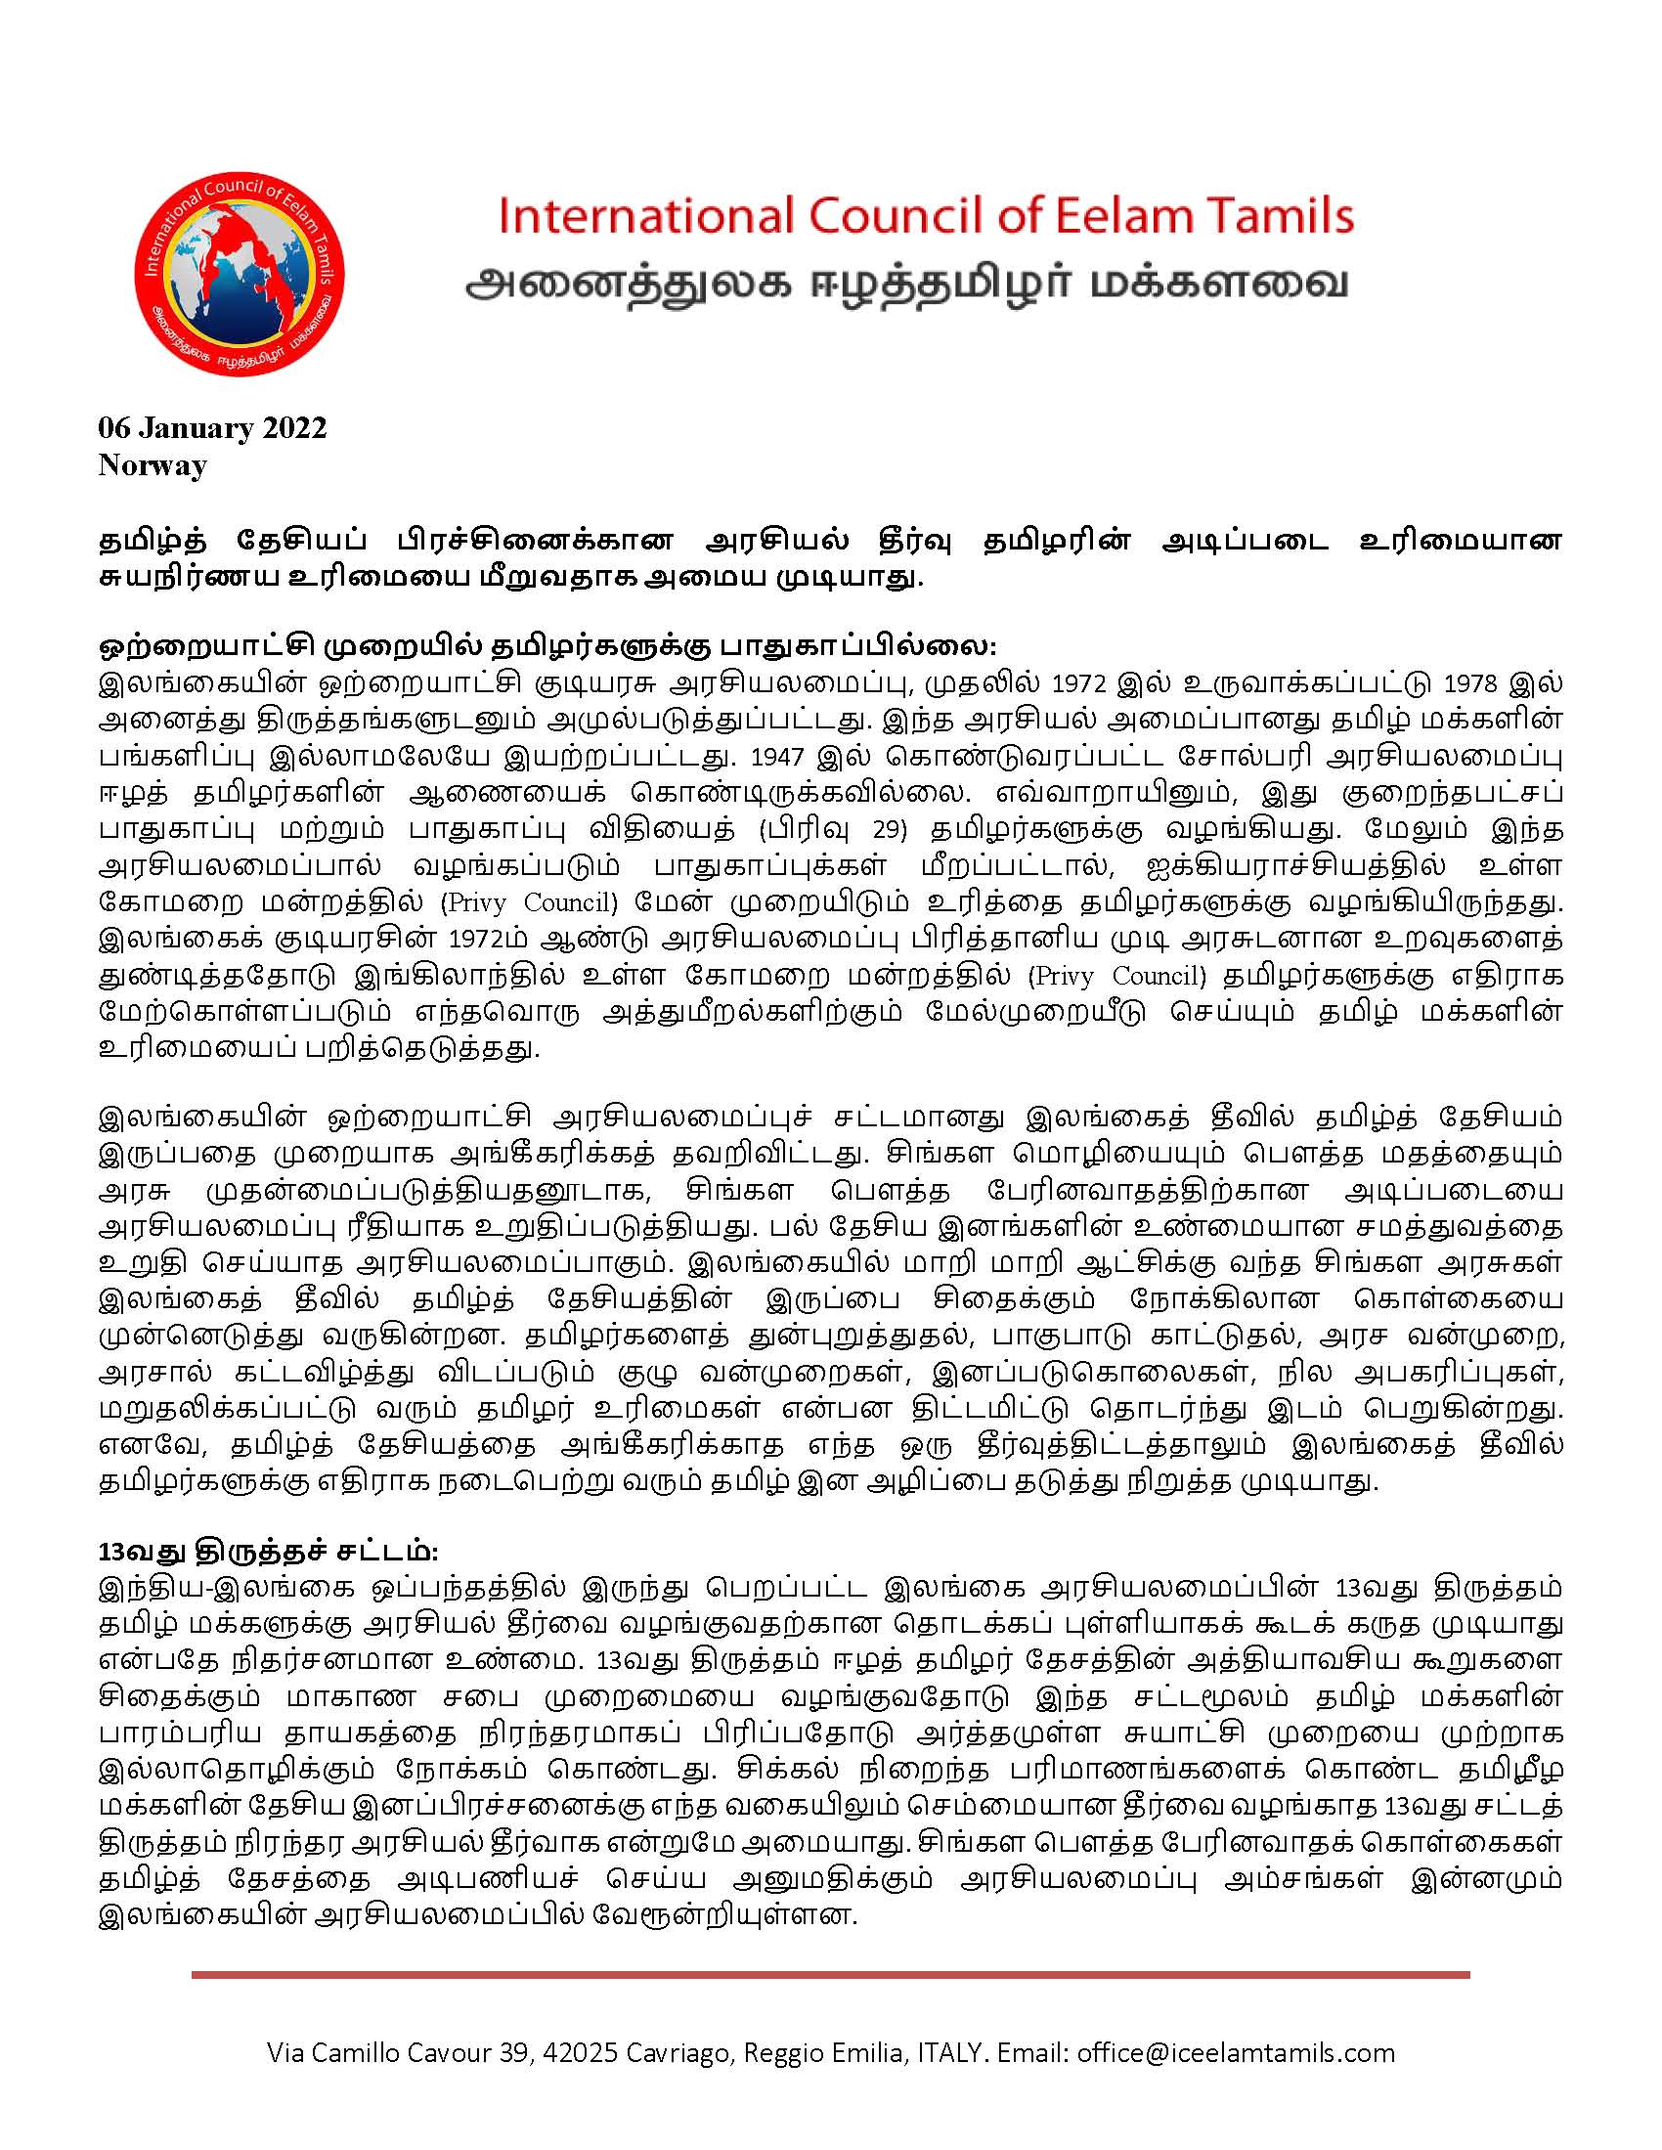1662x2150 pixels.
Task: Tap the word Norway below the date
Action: [x=153, y=464]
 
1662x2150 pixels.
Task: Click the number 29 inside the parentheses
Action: [x=888, y=830]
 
